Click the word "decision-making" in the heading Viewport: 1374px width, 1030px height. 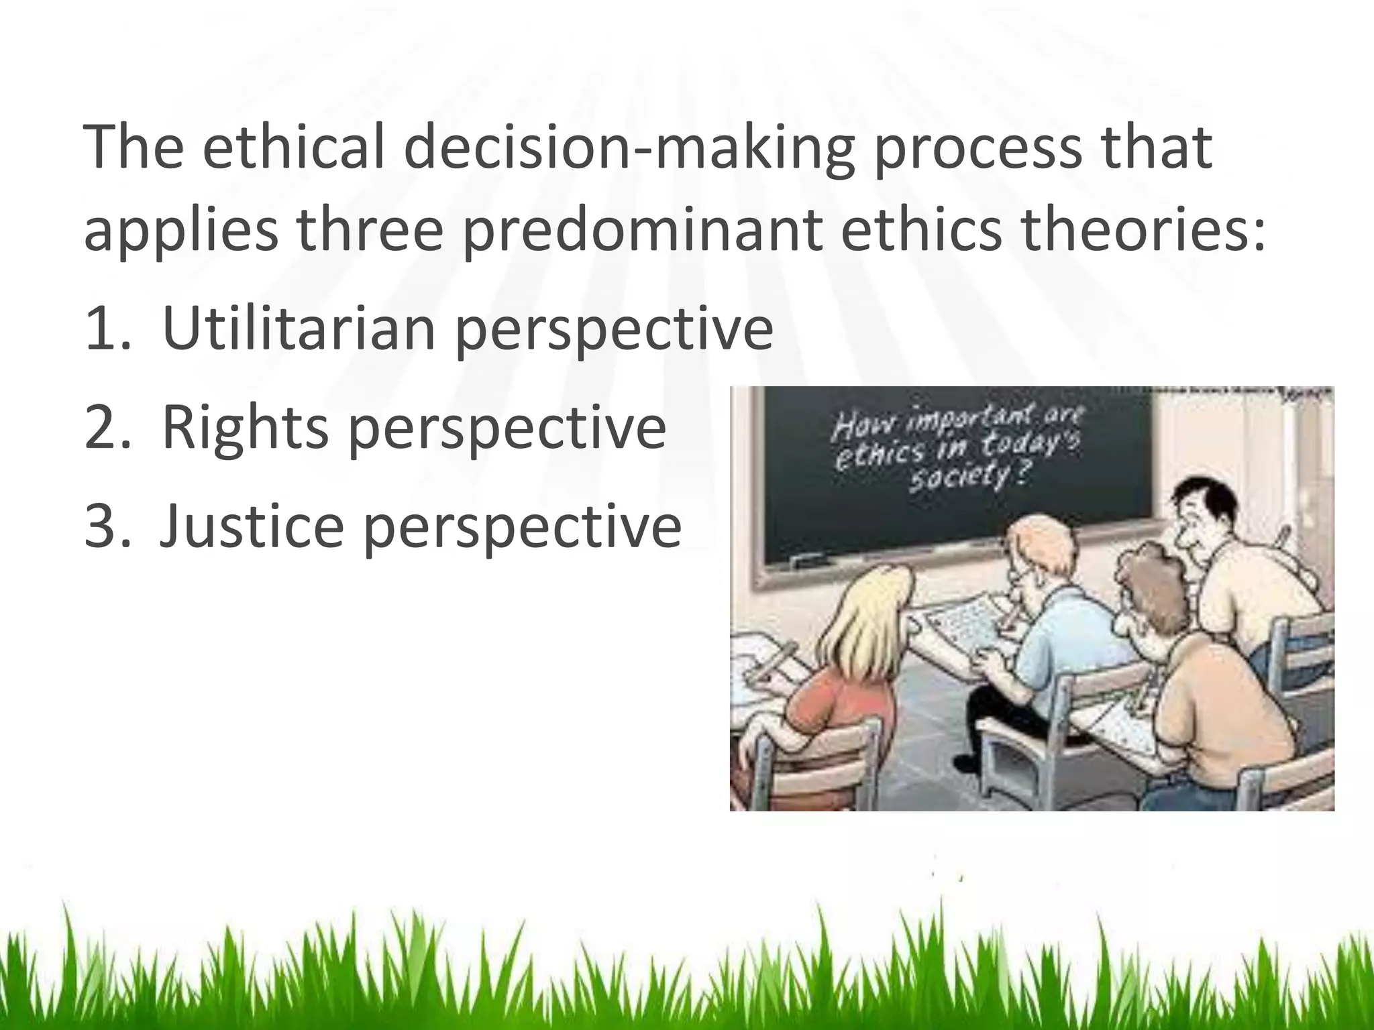point(629,149)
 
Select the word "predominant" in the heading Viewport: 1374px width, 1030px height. point(642,230)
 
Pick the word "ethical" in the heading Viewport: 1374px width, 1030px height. point(294,149)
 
